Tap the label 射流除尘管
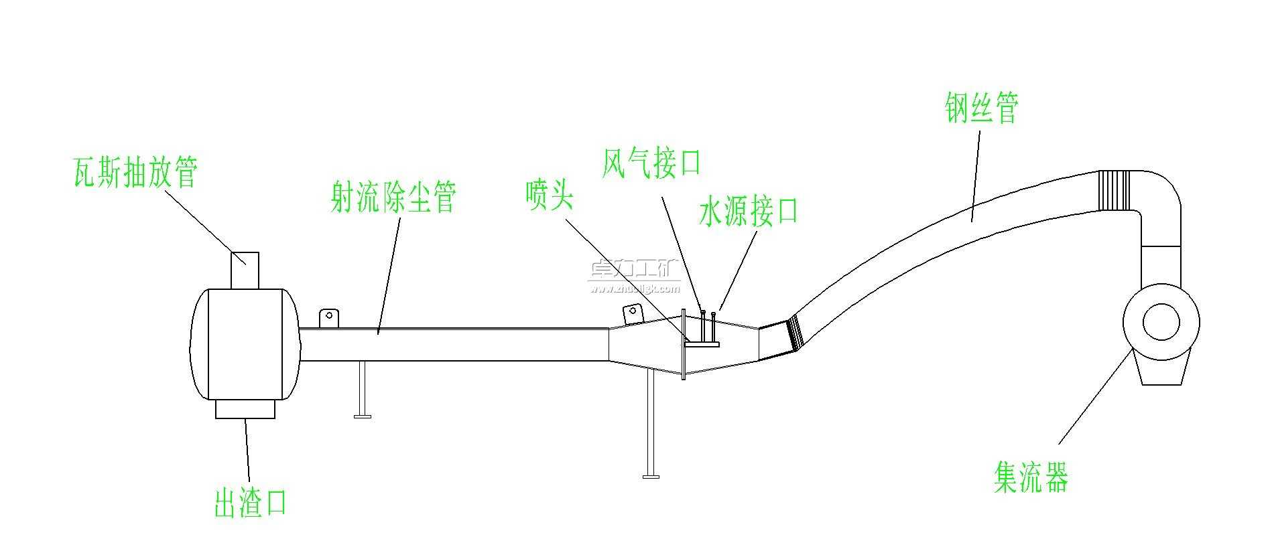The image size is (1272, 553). [x=393, y=197]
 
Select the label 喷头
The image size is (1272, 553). [x=550, y=195]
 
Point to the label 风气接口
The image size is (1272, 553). [x=651, y=163]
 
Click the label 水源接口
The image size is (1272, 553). [x=748, y=212]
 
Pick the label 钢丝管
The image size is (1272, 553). [x=982, y=108]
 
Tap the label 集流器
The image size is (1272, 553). [x=1031, y=477]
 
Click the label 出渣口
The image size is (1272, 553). [x=250, y=502]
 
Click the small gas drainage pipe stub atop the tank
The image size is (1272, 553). [x=245, y=270]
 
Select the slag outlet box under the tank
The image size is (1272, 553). [x=245, y=408]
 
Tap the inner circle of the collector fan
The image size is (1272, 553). [x=1160, y=322]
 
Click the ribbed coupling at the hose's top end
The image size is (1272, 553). [x=1114, y=189]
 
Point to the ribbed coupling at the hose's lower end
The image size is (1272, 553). [x=795, y=333]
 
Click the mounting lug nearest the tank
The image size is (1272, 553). [x=329, y=318]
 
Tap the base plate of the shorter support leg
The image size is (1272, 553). [x=363, y=416]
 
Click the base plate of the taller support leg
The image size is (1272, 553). [x=650, y=476]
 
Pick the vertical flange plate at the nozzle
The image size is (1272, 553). [x=683, y=344]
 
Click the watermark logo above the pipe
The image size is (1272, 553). [x=633, y=276]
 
